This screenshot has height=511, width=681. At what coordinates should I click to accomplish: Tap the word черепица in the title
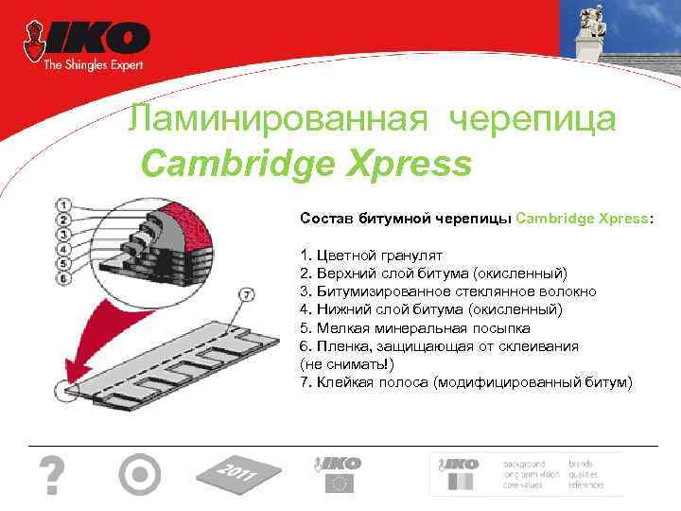(x=534, y=119)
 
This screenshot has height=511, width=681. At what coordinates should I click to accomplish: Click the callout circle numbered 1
(x=62, y=203)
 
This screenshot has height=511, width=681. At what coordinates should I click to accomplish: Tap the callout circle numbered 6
(x=62, y=278)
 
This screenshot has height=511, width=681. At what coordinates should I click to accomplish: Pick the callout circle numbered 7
(x=248, y=295)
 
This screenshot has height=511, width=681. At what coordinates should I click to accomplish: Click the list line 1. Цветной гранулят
(x=365, y=255)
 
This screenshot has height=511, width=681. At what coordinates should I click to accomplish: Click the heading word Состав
(x=326, y=218)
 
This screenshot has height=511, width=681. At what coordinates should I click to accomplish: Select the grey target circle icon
(x=140, y=474)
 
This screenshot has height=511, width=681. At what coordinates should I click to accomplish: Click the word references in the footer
(x=587, y=485)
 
